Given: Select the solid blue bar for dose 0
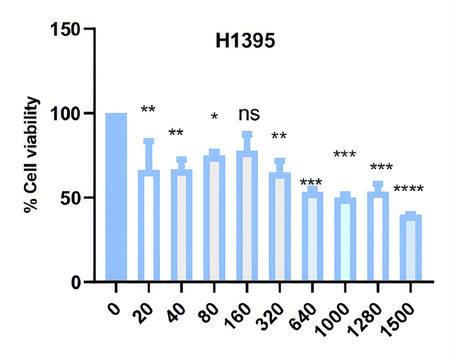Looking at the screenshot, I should (x=116, y=197).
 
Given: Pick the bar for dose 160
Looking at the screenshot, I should (x=247, y=216).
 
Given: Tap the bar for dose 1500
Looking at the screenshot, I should (x=411, y=247).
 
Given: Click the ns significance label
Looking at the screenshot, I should (x=249, y=114).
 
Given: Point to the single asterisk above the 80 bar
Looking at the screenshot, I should (x=215, y=117).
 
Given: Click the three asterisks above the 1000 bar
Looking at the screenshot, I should (x=345, y=155).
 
